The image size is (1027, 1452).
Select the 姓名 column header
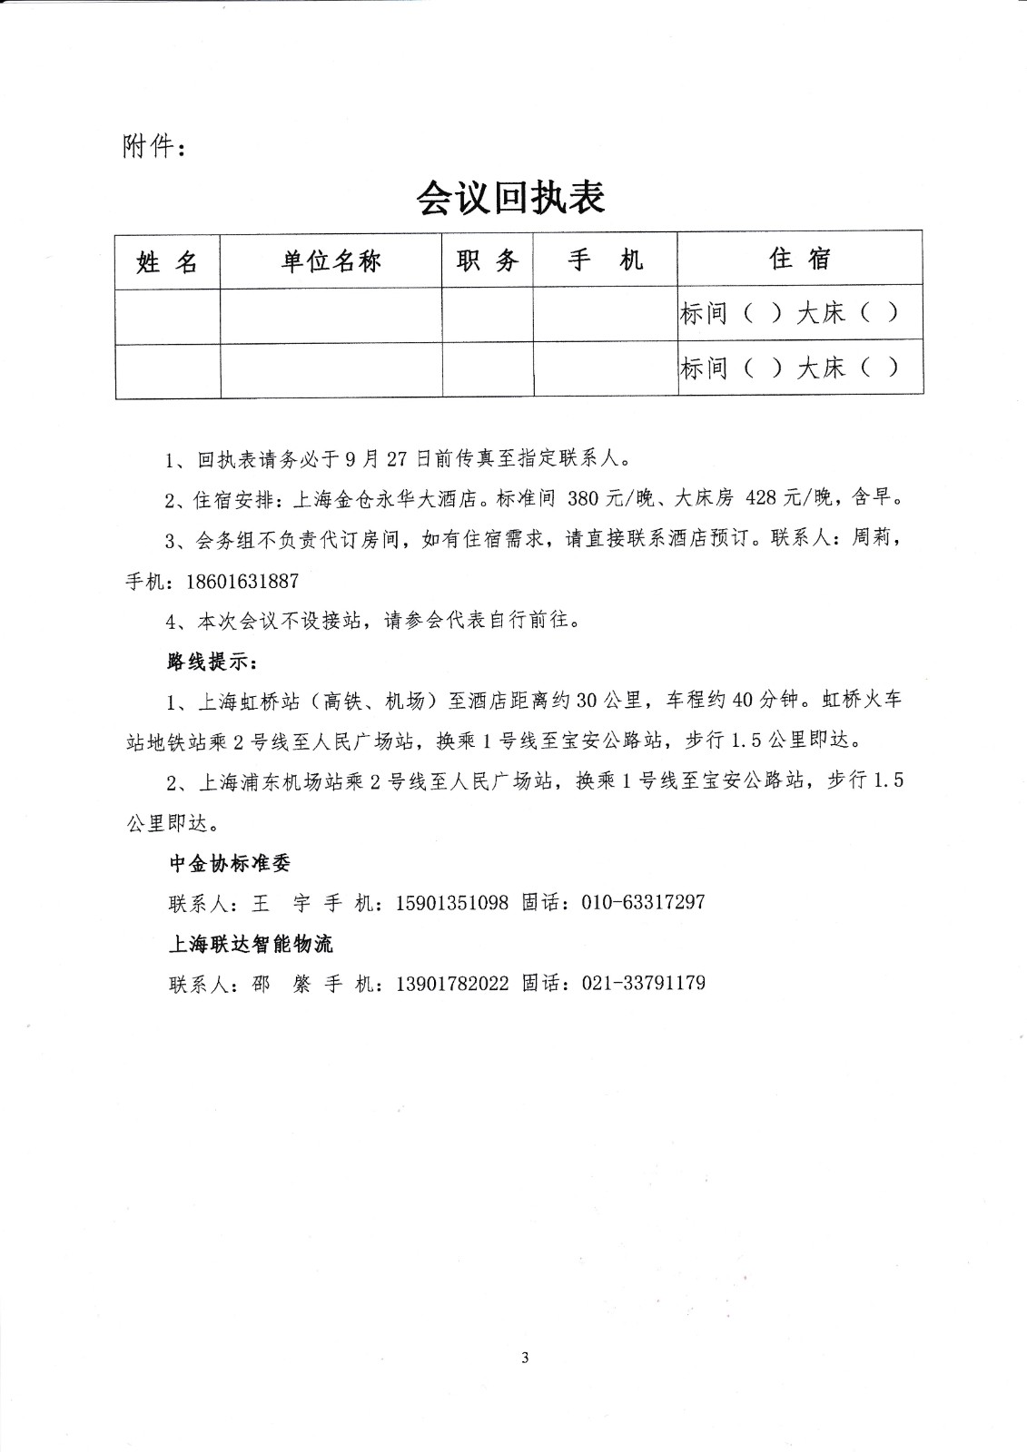pos(167,262)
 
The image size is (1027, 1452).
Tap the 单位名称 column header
pos(331,261)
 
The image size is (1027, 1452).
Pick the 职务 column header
pos(488,261)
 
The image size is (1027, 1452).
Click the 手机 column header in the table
pos(605,261)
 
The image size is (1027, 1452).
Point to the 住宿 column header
pos(800,260)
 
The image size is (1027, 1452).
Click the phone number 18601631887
pos(242,582)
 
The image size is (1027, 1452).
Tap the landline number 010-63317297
pos(643,903)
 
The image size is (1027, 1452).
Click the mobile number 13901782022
pos(452,983)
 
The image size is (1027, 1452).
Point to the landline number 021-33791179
pos(643,983)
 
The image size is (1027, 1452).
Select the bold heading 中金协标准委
pos(230,863)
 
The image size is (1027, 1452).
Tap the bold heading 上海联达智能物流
pos(251,944)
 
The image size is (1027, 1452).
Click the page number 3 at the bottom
pos(525,1358)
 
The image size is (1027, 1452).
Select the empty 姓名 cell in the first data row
pos(167,316)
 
